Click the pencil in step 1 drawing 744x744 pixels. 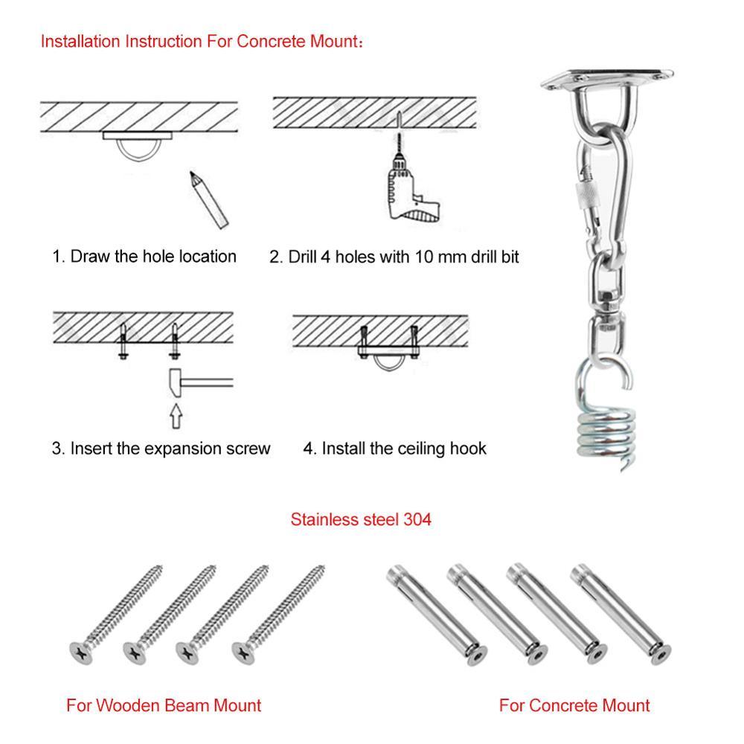[209, 199]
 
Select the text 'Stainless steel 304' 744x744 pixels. [361, 519]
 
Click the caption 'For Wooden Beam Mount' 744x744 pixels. [164, 705]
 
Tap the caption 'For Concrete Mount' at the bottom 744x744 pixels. [574, 705]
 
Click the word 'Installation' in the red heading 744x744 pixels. [82, 40]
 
